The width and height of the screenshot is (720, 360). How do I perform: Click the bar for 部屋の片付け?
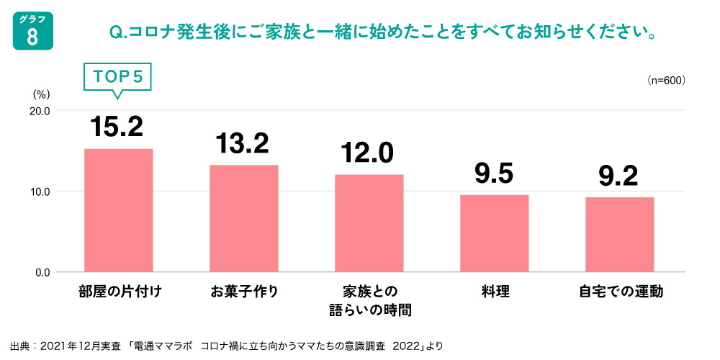(x=119, y=210)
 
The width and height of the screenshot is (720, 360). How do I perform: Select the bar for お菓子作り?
(x=244, y=218)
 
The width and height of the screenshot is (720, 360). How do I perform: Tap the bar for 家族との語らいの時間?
(x=369, y=223)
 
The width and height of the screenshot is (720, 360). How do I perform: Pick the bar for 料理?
(x=495, y=233)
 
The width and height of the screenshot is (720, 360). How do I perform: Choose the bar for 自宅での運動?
(x=620, y=235)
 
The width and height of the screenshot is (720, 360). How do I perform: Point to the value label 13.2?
(x=243, y=143)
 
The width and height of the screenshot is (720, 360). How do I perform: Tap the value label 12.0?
(x=369, y=153)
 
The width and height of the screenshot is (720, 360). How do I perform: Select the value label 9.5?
(x=494, y=174)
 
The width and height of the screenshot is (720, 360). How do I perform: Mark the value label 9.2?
(x=620, y=176)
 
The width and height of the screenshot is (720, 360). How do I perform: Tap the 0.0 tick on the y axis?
(x=42, y=272)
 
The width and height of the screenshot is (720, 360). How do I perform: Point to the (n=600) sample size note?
(x=665, y=80)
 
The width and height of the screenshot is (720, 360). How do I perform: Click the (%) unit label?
(x=40, y=94)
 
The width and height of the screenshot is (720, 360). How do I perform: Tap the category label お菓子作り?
(x=244, y=292)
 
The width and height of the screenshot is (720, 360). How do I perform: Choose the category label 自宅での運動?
(x=620, y=292)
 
